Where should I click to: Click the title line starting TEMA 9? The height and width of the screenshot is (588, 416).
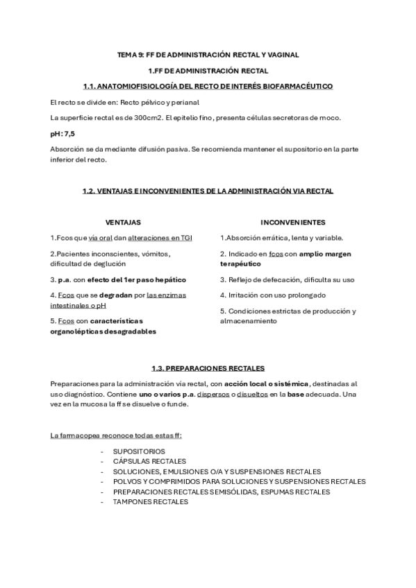[x=208, y=54]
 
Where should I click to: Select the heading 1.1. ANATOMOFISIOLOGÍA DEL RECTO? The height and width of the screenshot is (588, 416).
[x=208, y=86]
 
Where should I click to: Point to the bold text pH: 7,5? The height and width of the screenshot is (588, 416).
[x=63, y=133]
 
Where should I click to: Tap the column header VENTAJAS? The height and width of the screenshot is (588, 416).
[x=123, y=222]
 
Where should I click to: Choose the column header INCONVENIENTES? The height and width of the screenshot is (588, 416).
[x=292, y=222]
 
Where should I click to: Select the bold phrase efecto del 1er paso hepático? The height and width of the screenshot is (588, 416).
[x=137, y=279]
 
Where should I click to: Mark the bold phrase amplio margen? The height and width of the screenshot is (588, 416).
[x=325, y=254]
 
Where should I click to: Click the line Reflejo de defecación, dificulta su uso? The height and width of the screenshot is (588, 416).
[x=287, y=279]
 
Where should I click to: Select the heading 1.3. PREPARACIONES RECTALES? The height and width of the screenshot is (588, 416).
[x=208, y=367]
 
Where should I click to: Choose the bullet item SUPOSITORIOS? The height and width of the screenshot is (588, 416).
[x=129, y=451]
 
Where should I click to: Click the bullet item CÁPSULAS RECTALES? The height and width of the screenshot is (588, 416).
[x=139, y=461]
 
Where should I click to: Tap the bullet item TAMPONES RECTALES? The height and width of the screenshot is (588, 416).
[x=141, y=501]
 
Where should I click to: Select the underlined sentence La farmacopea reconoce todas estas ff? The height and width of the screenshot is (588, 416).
[x=115, y=435]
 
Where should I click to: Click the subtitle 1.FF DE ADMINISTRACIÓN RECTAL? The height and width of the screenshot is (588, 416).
[x=208, y=71]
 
